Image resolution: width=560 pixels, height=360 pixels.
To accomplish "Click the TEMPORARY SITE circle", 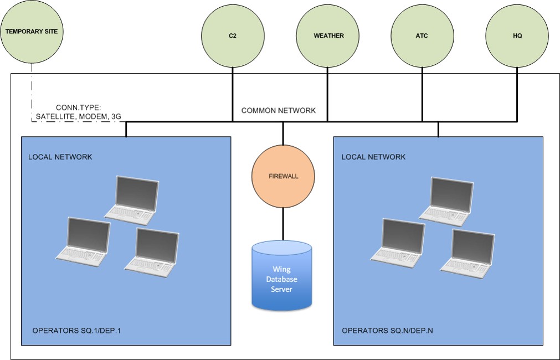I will tap(31, 32).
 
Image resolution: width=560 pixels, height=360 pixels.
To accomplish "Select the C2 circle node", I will tap(233, 36).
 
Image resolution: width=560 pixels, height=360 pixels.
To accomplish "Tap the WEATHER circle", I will tap(328, 36).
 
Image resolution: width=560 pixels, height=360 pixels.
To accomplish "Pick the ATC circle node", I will tap(423, 36).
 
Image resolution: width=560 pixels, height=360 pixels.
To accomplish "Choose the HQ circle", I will tap(517, 36).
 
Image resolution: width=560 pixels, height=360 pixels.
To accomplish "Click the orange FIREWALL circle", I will tap(284, 176).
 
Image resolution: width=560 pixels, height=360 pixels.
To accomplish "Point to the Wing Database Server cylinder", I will tap(282, 275).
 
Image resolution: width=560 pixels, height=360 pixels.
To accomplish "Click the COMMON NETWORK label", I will tap(278, 111).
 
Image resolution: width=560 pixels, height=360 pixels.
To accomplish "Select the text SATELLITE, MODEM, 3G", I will tap(78, 116).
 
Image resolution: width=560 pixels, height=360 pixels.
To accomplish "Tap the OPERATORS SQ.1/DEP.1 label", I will tap(76, 331).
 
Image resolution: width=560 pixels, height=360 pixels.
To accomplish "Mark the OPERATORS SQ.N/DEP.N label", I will tap(387, 331).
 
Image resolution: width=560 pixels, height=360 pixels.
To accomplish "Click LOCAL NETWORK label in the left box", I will tap(60, 157).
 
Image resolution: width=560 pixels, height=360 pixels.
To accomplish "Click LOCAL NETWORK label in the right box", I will tap(373, 157).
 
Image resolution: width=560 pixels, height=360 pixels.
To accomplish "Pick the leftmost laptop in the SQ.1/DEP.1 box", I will tap(84, 239).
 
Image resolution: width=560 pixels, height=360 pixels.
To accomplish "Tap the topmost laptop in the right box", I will tap(447, 201).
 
